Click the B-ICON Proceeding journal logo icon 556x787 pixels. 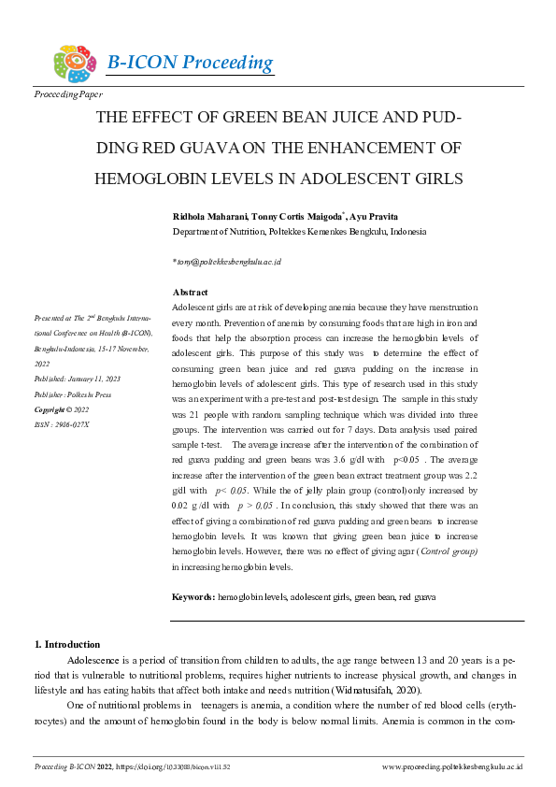coord(75,64)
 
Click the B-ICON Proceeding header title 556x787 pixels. coord(190,64)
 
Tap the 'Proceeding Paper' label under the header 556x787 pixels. coord(68,94)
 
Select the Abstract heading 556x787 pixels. coord(191,293)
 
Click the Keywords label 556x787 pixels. coord(193,595)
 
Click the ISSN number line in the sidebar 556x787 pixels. coord(62,423)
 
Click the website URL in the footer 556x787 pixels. coord(452,766)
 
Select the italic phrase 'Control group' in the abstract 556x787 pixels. coord(448,551)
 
